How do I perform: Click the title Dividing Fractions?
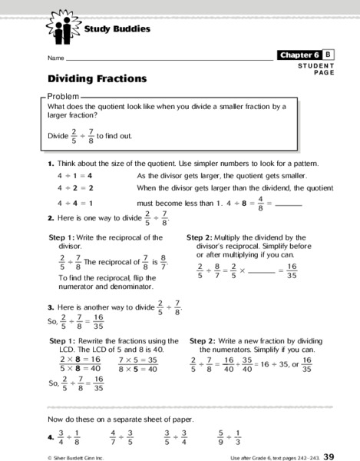click(x=97, y=78)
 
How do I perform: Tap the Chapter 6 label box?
click(x=299, y=55)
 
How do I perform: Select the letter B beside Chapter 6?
click(x=328, y=55)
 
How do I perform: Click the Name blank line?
click(x=169, y=58)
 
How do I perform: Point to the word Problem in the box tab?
click(x=64, y=95)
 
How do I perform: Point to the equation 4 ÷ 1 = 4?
click(x=74, y=176)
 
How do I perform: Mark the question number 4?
click(x=50, y=439)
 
